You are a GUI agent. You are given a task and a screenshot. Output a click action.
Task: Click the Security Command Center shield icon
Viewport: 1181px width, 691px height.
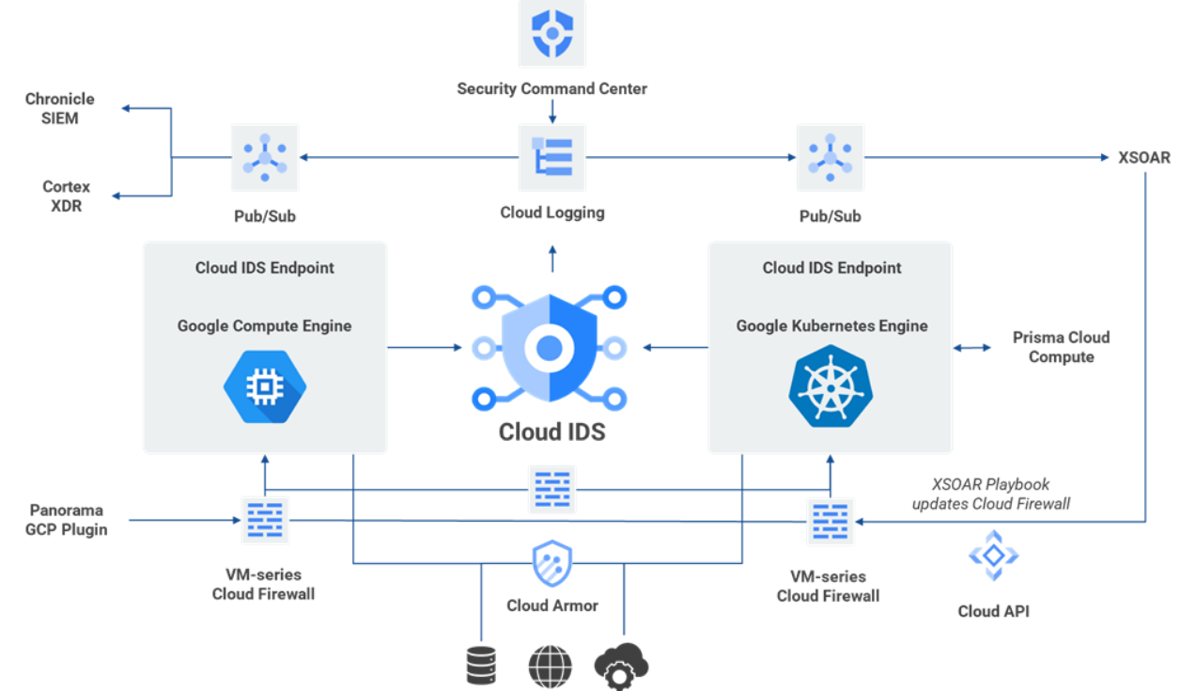[552, 34]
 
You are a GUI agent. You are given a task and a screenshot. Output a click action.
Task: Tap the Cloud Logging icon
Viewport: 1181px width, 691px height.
[552, 157]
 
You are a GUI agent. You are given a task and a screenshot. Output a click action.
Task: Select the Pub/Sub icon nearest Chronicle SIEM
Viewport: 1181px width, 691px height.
[265, 157]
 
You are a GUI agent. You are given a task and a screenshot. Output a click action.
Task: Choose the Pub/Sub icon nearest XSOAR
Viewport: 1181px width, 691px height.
[830, 157]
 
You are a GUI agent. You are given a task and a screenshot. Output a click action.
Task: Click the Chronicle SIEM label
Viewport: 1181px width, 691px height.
[59, 109]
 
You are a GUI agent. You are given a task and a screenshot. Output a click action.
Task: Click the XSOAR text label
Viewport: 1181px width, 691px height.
[1143, 158]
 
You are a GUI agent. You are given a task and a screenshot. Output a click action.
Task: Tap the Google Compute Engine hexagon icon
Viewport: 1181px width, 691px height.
[265, 386]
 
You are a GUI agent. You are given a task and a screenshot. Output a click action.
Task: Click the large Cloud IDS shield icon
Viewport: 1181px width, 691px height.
[550, 349]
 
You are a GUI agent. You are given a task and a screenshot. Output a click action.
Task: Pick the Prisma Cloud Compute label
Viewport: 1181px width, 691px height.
[1061, 347]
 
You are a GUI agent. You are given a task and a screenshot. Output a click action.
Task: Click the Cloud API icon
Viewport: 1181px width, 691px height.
[993, 556]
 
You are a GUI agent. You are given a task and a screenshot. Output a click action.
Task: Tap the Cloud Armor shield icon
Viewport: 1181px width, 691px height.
[552, 564]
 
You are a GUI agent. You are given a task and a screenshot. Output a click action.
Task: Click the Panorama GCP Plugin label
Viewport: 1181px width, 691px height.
[67, 519]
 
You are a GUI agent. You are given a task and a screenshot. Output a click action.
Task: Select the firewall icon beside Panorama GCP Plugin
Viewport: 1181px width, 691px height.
[266, 520]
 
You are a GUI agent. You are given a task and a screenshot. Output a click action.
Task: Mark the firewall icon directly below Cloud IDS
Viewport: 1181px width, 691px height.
[552, 489]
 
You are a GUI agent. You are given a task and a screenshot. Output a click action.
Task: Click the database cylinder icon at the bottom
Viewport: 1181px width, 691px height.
[480, 666]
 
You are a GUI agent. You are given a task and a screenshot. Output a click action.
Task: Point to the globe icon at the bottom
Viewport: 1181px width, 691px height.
[550, 666]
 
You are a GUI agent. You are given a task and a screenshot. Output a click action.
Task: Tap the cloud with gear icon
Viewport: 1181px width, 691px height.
[621, 666]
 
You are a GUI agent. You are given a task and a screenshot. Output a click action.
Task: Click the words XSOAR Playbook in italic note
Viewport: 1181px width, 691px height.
[990, 485]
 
